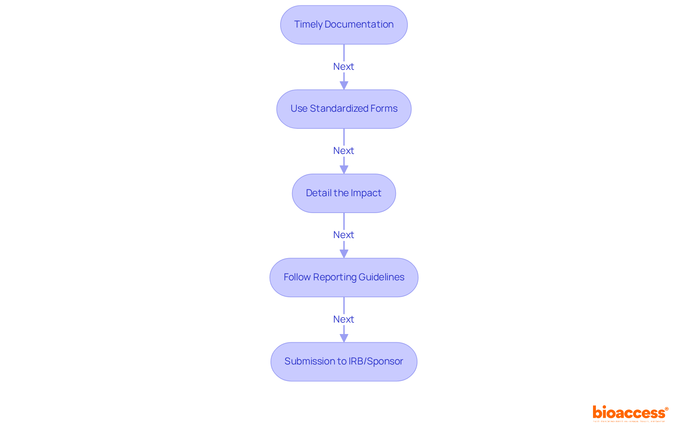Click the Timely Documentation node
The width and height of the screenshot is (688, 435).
[344, 25]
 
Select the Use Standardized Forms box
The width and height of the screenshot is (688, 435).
[344, 109]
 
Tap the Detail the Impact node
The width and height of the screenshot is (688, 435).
[344, 193]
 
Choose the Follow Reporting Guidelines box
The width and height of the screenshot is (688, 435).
[344, 277]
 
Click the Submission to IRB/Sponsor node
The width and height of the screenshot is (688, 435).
[344, 362]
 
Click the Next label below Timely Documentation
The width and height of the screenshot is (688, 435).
[343, 67]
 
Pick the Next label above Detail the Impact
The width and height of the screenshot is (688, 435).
[343, 151]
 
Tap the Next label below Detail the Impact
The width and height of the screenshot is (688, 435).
[343, 235]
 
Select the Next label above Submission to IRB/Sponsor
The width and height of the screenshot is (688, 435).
[343, 319]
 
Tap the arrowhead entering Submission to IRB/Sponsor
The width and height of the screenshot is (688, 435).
[344, 338]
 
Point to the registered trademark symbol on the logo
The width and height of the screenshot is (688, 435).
[666, 409]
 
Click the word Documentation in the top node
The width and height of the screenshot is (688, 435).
[359, 24]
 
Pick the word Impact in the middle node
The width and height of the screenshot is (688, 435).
[366, 193]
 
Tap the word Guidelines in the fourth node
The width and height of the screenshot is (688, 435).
[381, 277]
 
